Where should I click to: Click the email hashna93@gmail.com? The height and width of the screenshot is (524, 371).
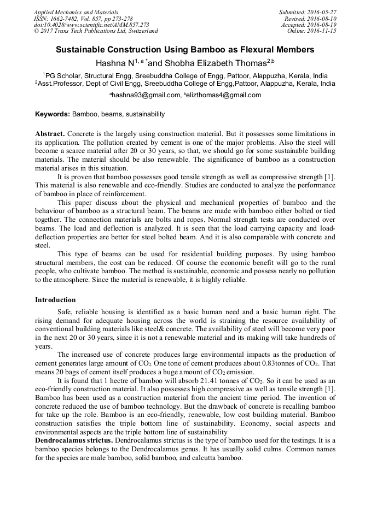147,95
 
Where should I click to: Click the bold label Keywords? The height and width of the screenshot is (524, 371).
53,114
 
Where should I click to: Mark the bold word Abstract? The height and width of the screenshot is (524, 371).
50,134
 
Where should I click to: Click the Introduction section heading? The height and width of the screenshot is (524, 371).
55,300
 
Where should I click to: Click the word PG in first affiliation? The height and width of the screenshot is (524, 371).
50,75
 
